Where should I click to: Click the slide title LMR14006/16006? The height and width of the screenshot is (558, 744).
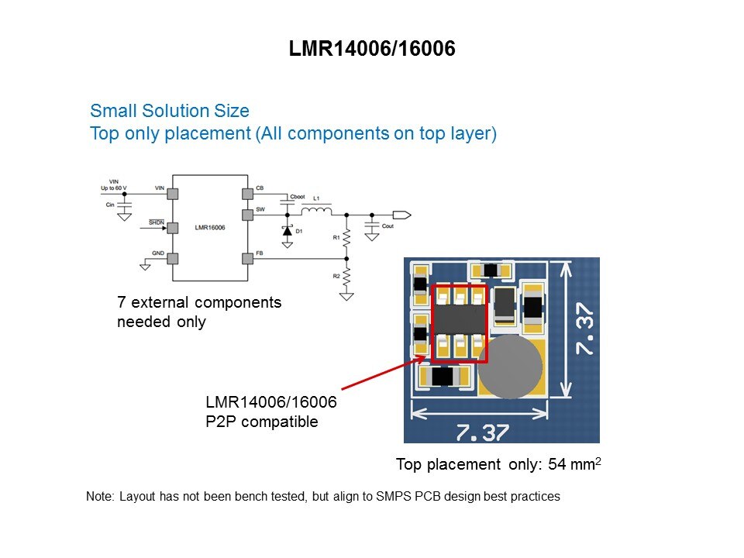[x=371, y=49]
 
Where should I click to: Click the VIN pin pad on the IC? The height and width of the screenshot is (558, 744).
[x=173, y=192]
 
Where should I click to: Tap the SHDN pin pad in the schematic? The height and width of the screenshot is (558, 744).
[x=173, y=227]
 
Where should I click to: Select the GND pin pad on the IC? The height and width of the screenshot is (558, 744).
[x=173, y=259]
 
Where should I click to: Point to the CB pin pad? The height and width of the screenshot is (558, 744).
[x=248, y=192]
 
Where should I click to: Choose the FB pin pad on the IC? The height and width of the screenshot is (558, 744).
[x=248, y=259]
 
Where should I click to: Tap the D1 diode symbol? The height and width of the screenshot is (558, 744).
[x=288, y=230]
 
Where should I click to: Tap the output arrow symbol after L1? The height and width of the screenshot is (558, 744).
[x=401, y=214]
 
